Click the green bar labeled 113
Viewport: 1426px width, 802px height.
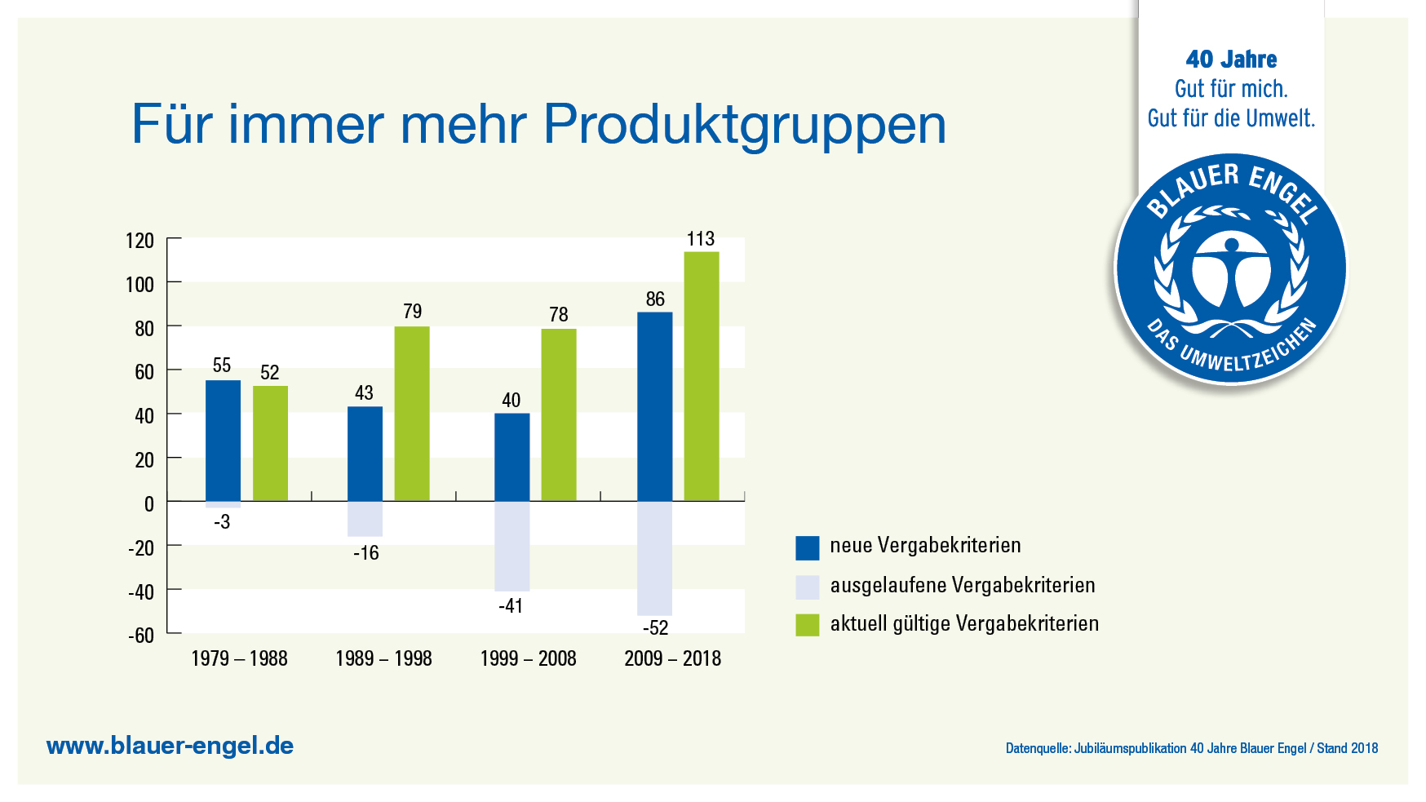tap(701, 376)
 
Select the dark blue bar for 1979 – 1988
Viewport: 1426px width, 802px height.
tap(223, 441)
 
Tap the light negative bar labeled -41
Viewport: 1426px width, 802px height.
tap(511, 546)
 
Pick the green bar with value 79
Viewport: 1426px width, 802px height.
tap(412, 414)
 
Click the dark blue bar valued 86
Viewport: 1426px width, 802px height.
tap(654, 406)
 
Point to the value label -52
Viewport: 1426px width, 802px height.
tap(655, 627)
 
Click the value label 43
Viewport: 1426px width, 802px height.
tap(364, 392)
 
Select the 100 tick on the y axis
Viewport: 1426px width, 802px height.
tap(139, 285)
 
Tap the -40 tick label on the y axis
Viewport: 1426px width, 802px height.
tap(140, 592)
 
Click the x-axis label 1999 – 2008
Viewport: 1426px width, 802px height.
tap(528, 658)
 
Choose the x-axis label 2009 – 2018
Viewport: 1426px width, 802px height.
tap(672, 658)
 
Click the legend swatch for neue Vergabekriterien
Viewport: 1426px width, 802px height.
tap(807, 547)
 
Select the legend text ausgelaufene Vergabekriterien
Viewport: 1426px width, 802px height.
tap(962, 585)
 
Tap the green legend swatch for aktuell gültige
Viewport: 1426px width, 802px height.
tap(807, 625)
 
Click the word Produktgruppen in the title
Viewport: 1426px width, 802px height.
tap(744, 125)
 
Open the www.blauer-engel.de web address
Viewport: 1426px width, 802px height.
tap(170, 746)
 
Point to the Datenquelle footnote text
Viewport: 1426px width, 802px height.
tap(1191, 748)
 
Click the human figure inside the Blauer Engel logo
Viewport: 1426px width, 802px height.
tap(1231, 269)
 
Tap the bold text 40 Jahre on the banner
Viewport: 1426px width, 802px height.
tap(1231, 60)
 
